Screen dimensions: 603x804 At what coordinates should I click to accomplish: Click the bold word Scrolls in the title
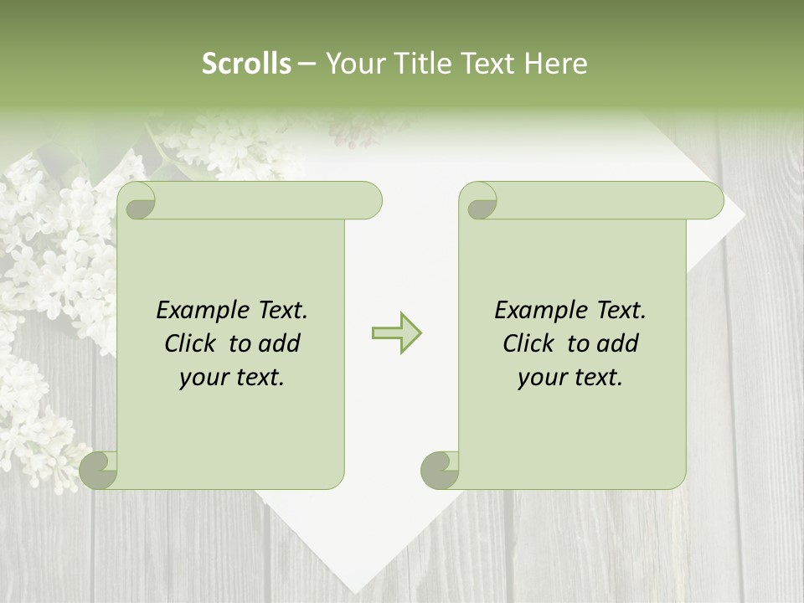(x=247, y=64)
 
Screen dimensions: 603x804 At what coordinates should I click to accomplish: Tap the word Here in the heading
(x=555, y=64)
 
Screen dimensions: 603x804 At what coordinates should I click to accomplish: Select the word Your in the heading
(x=354, y=64)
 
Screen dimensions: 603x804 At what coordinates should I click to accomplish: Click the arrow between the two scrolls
(x=396, y=332)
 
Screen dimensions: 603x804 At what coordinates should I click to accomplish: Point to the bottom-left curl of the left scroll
(x=100, y=471)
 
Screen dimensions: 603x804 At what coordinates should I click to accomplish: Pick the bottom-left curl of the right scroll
(x=441, y=471)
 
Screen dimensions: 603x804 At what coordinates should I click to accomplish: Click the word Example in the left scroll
(x=194, y=311)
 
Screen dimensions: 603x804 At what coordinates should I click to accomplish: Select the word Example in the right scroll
(x=533, y=311)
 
